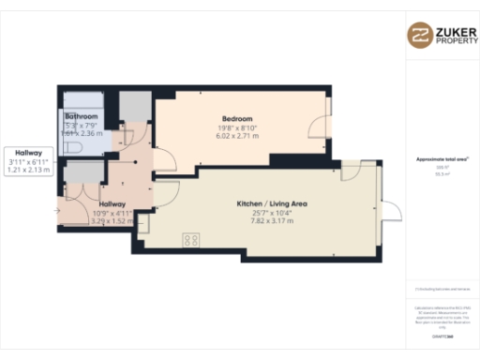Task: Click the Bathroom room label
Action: pos(82,115)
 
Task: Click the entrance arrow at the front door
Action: pos(58,211)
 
